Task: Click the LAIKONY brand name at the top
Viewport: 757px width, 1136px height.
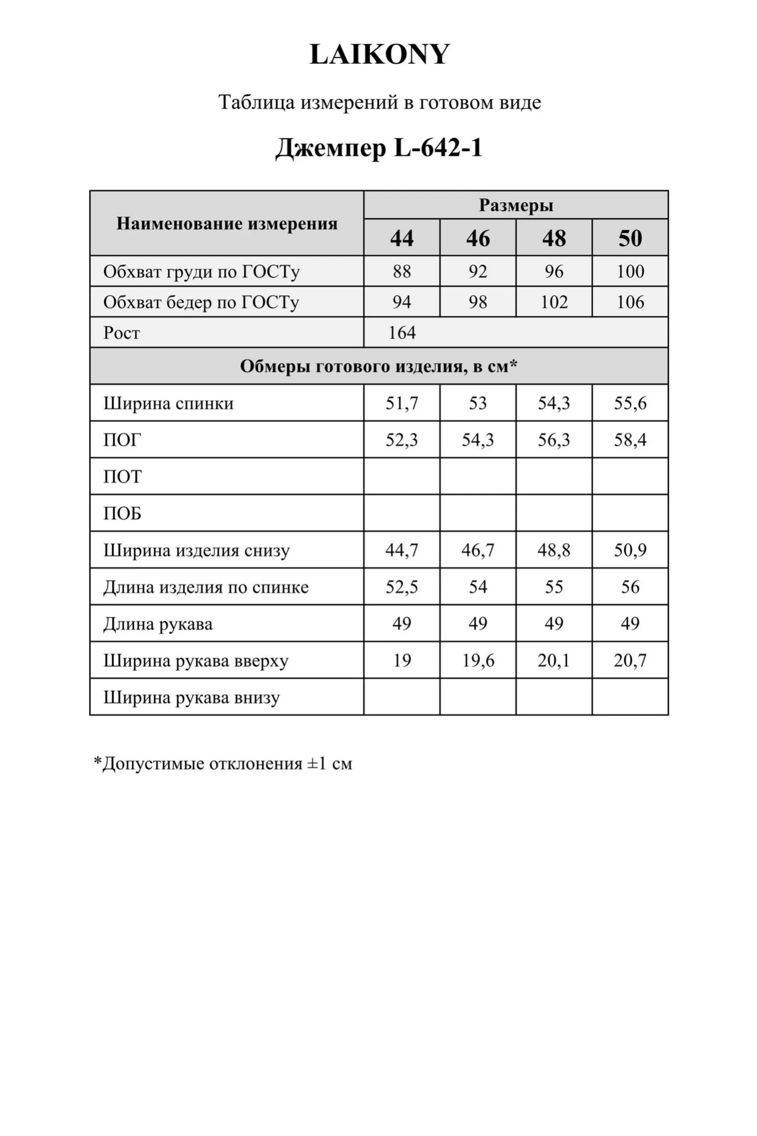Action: pos(379,55)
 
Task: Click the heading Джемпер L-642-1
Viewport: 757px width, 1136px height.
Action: pos(379,148)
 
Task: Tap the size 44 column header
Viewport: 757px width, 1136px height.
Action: pos(401,238)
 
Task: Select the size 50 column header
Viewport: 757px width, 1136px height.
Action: pos(630,238)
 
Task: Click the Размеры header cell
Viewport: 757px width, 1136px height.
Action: pos(516,205)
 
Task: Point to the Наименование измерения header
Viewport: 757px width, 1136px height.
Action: pos(227,223)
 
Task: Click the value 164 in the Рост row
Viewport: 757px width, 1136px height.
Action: pos(402,332)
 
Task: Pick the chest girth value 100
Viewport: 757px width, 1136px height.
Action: pos(630,271)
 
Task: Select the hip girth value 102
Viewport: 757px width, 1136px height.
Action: pos(554,302)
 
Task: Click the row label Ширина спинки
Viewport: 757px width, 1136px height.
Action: pos(168,403)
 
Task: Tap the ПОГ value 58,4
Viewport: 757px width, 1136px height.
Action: pos(630,440)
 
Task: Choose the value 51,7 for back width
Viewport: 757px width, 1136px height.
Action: pos(401,403)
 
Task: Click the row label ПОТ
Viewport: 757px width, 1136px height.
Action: pos(122,477)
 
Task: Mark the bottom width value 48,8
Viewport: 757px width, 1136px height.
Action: pos(554,550)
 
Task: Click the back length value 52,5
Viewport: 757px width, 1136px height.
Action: pos(401,587)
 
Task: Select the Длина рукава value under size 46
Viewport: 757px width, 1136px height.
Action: pos(478,624)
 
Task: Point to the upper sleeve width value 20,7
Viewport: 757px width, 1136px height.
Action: pos(630,660)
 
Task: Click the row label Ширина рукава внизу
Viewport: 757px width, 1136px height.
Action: pos(191,698)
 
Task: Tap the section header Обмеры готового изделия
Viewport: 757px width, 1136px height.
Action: pos(379,366)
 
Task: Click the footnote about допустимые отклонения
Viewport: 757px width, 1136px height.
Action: pos(223,763)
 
